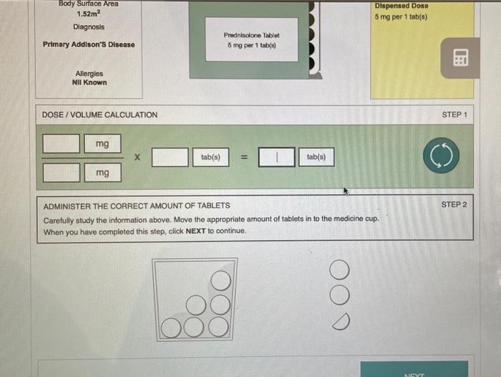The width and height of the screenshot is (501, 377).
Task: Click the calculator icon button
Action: pyautogui.click(x=460, y=58)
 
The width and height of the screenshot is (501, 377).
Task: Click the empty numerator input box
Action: pyautogui.click(x=62, y=143)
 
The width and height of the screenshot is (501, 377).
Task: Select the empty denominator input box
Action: pyautogui.click(x=62, y=173)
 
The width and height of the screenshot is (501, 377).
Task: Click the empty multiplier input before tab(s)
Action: pyautogui.click(x=170, y=157)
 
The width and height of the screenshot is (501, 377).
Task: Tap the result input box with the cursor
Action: pyautogui.click(x=277, y=157)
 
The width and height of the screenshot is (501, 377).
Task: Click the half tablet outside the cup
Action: pyautogui.click(x=341, y=322)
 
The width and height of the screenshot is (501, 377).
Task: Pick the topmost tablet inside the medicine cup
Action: pyautogui.click(x=220, y=281)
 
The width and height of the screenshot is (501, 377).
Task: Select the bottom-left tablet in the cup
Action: pyautogui.click(x=171, y=328)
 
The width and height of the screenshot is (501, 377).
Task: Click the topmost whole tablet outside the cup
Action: pyautogui.click(x=339, y=269)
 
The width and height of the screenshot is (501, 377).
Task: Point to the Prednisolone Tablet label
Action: pyautogui.click(x=252, y=35)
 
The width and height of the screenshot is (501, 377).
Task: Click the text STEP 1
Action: pyautogui.click(x=454, y=115)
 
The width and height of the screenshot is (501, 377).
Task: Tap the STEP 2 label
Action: pyautogui.click(x=454, y=204)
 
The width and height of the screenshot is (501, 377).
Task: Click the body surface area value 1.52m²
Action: pyautogui.click(x=89, y=14)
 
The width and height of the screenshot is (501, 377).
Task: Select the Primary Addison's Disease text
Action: pyautogui.click(x=89, y=44)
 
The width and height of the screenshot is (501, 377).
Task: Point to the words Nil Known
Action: pyautogui.click(x=89, y=82)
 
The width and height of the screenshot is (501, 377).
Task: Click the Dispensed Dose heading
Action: pyautogui.click(x=402, y=6)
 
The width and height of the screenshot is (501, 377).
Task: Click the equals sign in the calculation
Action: pyautogui.click(x=244, y=157)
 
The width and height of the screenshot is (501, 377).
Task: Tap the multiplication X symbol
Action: pyautogui.click(x=137, y=157)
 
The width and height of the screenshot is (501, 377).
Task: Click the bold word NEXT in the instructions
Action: pyautogui.click(x=195, y=231)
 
